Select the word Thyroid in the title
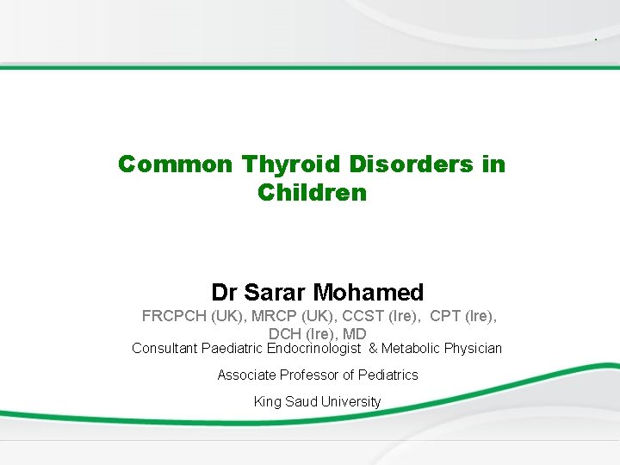[x=276, y=164]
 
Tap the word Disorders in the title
[x=396, y=164]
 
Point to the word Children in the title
[x=312, y=192]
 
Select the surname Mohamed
[x=372, y=293]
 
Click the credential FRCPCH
[x=175, y=316]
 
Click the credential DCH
[x=285, y=334]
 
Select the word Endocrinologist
[x=314, y=349]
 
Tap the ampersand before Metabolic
[x=373, y=349]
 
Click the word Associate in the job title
[x=247, y=375]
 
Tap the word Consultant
[x=164, y=349]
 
